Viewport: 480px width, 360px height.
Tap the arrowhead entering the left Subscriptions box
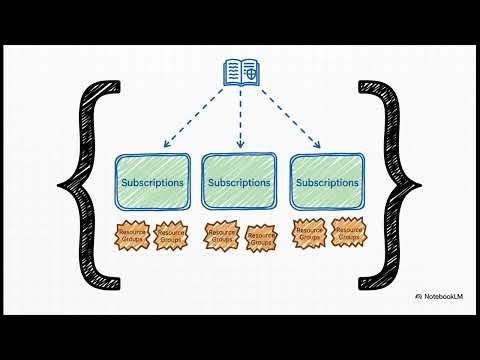(154, 143)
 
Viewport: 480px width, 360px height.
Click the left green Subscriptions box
(152, 183)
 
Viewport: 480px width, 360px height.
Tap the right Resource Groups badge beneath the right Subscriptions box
(347, 233)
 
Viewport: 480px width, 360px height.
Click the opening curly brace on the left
(83, 180)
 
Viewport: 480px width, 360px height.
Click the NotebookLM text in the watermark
(445, 298)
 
